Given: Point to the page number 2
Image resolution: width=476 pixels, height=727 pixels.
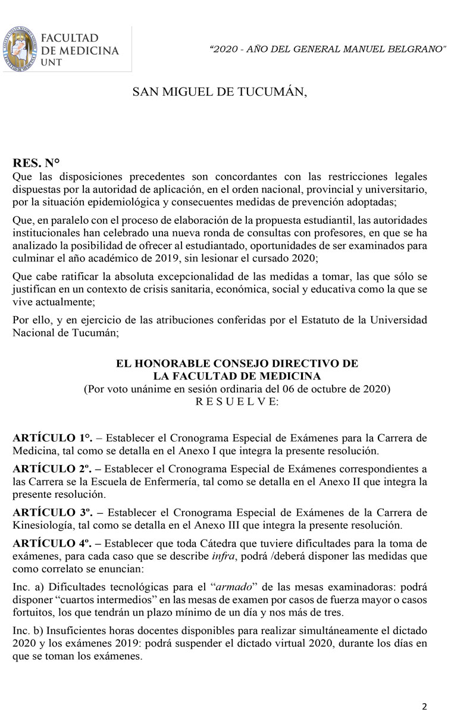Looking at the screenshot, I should [x=424, y=707].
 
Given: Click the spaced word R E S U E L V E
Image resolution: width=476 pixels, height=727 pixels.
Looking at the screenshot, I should [x=236, y=402].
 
